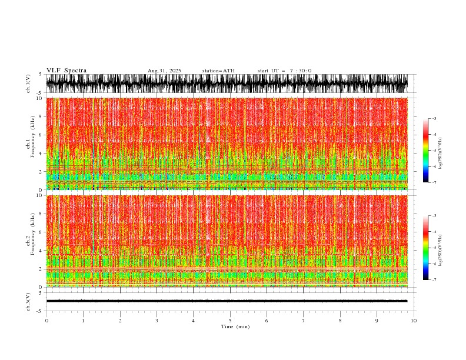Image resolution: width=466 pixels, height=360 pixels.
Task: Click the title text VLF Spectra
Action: [66, 71]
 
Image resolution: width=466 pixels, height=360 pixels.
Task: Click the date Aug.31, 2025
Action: [165, 71]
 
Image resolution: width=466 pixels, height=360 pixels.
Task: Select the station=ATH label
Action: [218, 71]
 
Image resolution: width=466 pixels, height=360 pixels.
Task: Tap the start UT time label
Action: [284, 71]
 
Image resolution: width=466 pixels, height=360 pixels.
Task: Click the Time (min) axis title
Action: [230, 326]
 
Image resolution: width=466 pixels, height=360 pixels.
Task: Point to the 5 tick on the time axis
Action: [230, 321]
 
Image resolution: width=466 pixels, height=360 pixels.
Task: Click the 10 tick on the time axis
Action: [414, 321]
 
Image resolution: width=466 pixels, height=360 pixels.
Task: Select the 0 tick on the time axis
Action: [46, 321]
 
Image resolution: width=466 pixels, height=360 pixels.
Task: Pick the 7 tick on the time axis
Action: [304, 321]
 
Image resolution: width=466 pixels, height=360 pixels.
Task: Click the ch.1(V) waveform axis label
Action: [28, 84]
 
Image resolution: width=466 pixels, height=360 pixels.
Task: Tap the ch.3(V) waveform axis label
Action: [28, 301]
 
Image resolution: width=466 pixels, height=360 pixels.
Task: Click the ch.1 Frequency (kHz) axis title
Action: [30, 144]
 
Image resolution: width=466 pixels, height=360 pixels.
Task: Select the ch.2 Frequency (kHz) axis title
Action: [30, 241]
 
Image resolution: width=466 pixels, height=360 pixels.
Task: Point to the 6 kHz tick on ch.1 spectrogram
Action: [40, 135]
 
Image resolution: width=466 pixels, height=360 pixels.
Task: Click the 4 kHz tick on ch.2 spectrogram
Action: [40, 250]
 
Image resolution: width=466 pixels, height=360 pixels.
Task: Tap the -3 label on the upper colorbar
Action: [434, 119]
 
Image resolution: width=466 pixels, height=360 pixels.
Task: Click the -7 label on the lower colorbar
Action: [434, 280]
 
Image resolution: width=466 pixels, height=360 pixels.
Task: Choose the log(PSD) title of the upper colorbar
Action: [441, 151]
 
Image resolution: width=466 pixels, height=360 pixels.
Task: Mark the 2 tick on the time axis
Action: [120, 321]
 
